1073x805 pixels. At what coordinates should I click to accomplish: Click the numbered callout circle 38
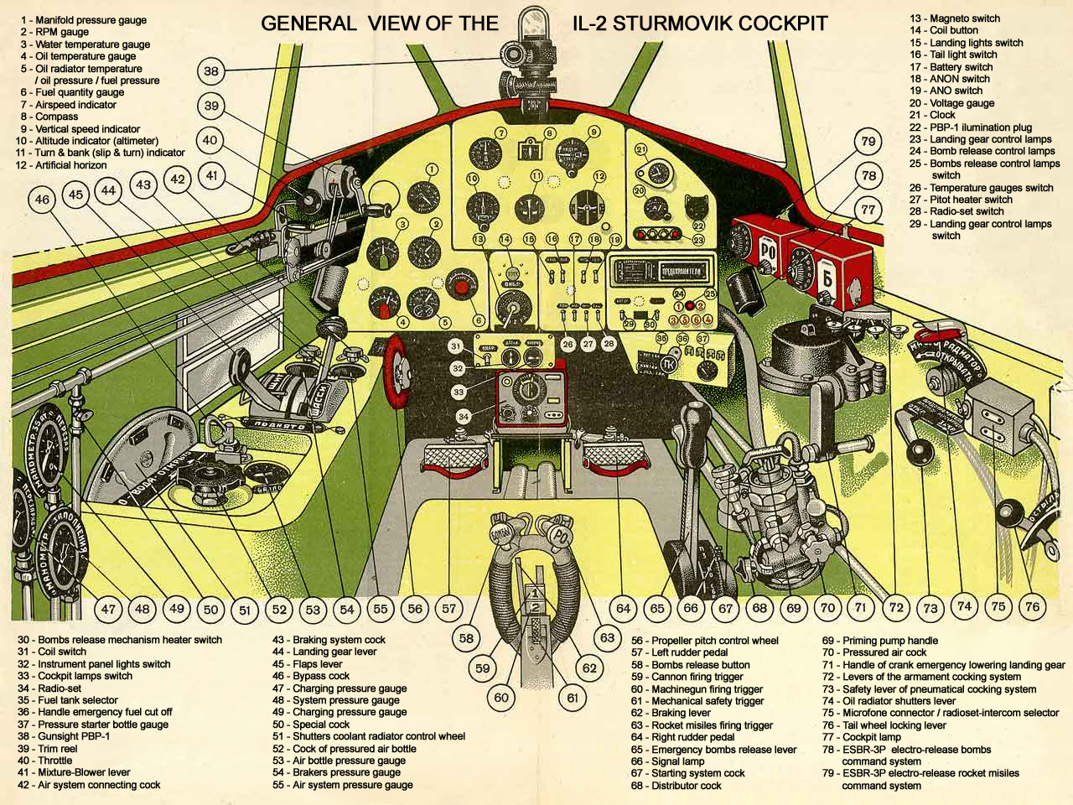coord(211,71)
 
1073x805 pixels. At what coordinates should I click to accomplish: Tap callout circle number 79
coord(868,142)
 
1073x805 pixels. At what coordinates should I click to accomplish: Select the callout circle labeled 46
coord(42,200)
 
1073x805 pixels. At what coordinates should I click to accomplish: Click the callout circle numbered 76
coord(1032,606)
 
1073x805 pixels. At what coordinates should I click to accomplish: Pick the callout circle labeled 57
coord(449,609)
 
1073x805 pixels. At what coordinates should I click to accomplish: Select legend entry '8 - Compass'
coord(50,117)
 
